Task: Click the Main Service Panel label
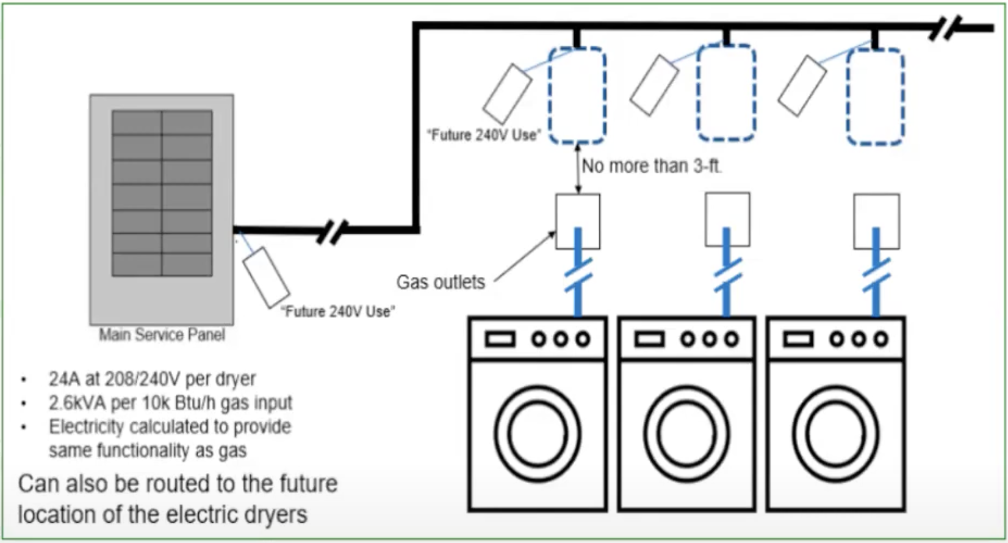point(162,335)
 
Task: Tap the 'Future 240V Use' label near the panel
point(337,311)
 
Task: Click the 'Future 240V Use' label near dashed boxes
point(484,135)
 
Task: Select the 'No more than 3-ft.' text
point(651,166)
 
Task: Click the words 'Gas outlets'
point(441,282)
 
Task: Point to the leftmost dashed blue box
point(577,96)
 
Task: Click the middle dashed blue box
point(726,93)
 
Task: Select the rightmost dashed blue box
point(875,96)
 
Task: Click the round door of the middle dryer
point(686,434)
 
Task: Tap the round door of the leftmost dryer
point(538,434)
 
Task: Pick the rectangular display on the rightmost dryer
point(798,339)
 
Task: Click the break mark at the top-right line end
point(945,28)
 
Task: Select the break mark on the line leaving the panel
point(332,231)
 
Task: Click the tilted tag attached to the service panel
point(266,277)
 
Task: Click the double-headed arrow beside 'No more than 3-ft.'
point(578,169)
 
